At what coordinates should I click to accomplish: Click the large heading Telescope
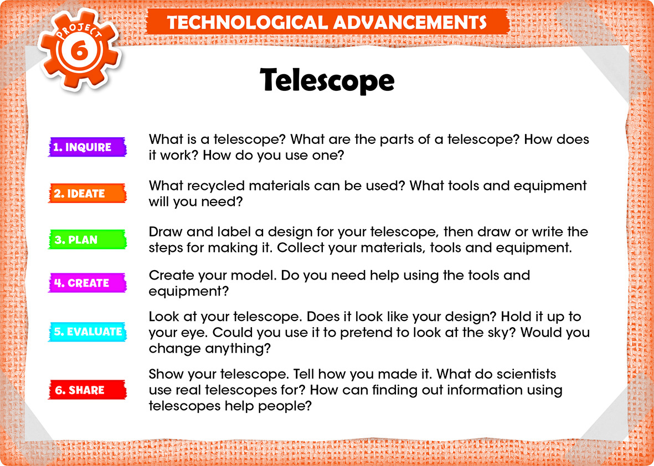[327, 80]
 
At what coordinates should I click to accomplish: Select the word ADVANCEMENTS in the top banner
[410, 22]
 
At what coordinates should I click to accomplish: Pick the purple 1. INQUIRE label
[87, 147]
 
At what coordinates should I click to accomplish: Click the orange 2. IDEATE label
[87, 193]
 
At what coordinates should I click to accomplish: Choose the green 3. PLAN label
[87, 240]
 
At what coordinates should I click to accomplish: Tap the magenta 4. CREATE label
[87, 283]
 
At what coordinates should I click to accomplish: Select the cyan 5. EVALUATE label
[87, 332]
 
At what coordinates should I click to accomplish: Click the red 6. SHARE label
[87, 390]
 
